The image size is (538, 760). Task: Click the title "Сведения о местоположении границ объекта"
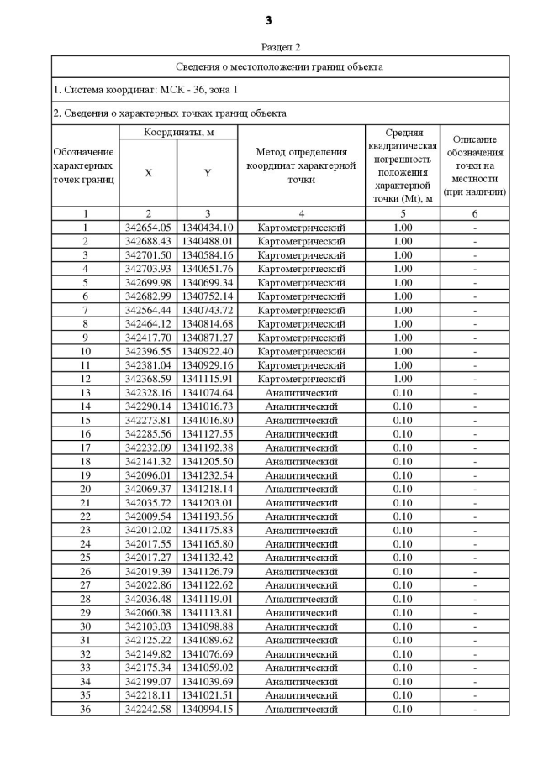[x=280, y=66]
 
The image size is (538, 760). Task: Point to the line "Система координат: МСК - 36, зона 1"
[x=145, y=89]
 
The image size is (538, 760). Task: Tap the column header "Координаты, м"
[x=178, y=133]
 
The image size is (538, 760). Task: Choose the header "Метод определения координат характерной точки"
[x=301, y=165]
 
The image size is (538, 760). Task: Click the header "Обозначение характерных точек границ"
[x=85, y=165]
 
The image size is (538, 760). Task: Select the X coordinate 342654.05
[x=148, y=228]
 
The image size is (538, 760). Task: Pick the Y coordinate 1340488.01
[x=208, y=241]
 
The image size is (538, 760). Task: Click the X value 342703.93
[x=148, y=269]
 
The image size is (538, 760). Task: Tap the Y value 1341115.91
[x=208, y=379]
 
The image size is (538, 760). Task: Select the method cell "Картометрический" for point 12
[x=301, y=379]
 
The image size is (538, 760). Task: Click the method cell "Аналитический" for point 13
[x=301, y=393]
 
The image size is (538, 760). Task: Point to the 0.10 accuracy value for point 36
[x=402, y=710]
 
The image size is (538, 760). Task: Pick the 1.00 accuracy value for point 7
[x=402, y=310]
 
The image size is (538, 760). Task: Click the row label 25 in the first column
[x=85, y=558]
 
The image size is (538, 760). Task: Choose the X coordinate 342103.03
[x=148, y=626]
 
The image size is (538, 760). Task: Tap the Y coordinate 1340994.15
[x=208, y=710]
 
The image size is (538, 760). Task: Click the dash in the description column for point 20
[x=475, y=489]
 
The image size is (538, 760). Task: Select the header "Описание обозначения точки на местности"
[x=475, y=165]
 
